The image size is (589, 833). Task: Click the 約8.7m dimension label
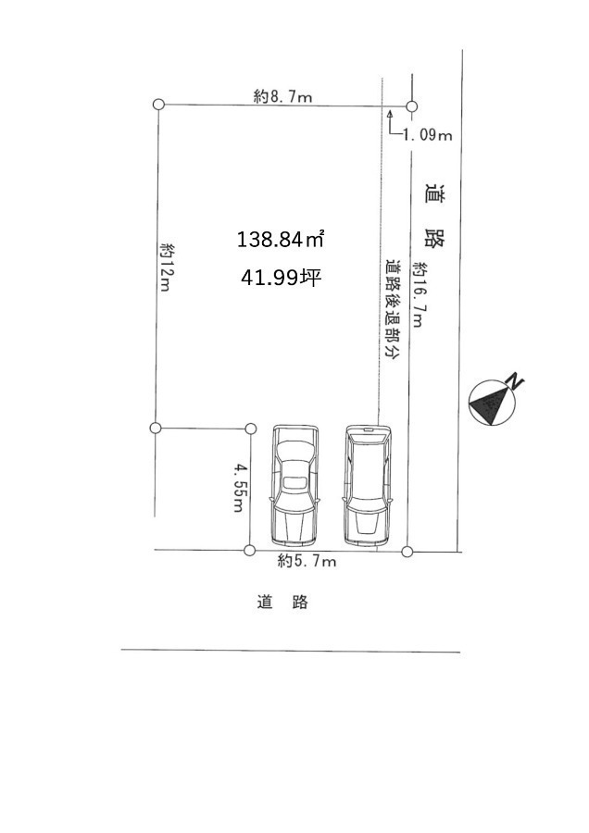point(282,96)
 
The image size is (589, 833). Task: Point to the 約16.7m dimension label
point(419,293)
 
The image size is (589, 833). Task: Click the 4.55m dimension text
point(240,488)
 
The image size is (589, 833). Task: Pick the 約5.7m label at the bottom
point(307,561)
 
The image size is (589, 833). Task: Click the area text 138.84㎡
point(281,239)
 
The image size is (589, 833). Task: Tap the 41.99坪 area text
point(281,277)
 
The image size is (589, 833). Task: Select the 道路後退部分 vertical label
point(394,311)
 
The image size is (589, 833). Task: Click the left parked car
point(295,486)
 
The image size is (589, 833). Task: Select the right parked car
point(368,486)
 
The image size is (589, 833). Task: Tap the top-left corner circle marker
point(158,104)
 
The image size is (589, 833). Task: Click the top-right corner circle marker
point(411,106)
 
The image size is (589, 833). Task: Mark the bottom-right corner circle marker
point(407,552)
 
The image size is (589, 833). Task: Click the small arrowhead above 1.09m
point(390,114)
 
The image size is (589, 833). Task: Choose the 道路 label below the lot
point(282,602)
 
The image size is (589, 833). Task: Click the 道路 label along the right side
point(436,216)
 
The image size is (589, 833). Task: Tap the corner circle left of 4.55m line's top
point(156,428)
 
